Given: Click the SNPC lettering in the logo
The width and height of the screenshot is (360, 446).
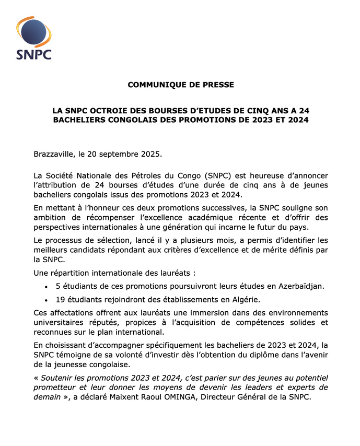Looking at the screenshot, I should click(x=33, y=53).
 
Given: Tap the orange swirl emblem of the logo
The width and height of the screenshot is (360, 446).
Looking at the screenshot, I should click(x=32, y=31).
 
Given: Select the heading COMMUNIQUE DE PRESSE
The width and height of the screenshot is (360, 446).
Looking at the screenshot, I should click(x=181, y=85).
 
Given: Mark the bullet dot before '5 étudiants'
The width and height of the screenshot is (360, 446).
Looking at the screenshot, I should click(x=47, y=286).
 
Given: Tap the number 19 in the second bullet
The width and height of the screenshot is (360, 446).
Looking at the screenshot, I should click(x=61, y=299).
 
